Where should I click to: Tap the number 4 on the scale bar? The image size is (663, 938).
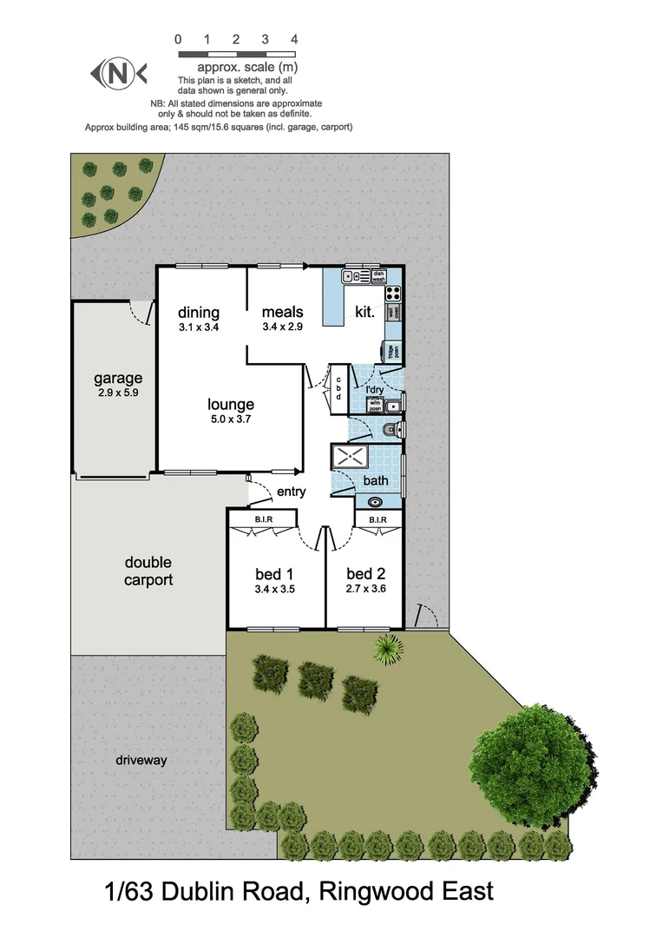click(294, 39)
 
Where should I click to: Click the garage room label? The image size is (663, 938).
click(118, 379)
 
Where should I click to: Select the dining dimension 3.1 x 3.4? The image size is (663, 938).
click(199, 327)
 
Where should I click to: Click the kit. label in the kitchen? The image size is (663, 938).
click(364, 313)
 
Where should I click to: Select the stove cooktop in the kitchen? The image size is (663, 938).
click(393, 293)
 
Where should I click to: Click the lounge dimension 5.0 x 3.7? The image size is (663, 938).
click(231, 419)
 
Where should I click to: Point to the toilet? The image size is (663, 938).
click(391, 429)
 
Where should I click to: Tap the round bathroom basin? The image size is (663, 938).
click(376, 501)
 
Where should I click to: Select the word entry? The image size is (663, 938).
click(292, 492)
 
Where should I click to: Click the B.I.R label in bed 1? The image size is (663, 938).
click(264, 520)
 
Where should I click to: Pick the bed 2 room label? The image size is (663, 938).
click(365, 573)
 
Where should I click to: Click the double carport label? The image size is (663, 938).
click(148, 571)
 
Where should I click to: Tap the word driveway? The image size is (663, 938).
click(141, 760)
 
